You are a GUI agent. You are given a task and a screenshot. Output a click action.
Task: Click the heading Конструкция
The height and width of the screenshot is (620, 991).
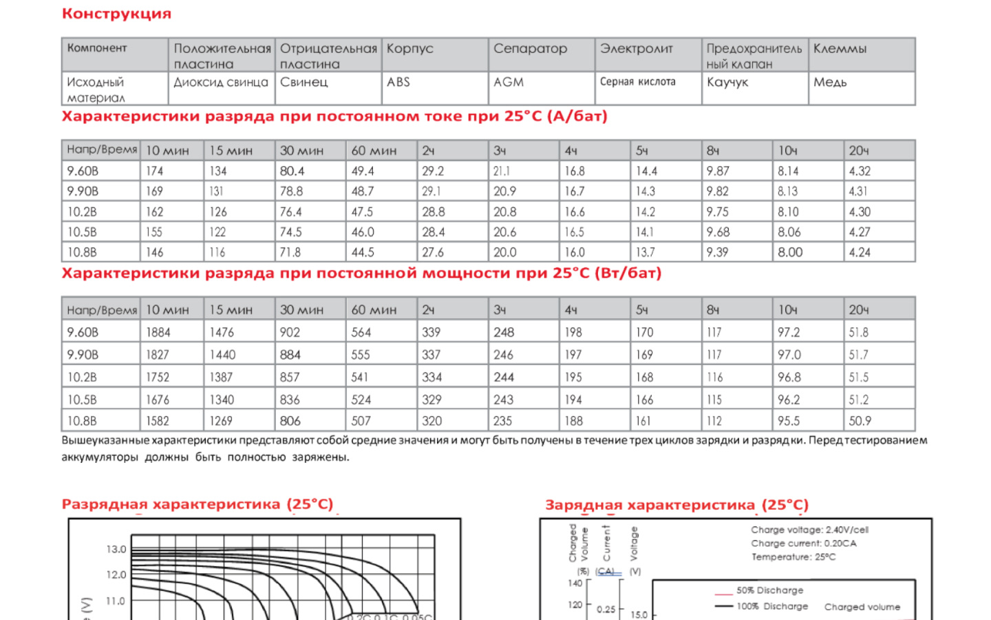coord(116,14)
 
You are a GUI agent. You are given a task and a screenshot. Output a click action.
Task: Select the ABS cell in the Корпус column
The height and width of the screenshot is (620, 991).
coord(398,82)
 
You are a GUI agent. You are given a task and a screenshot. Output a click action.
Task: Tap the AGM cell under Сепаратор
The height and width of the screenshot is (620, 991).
coord(509,82)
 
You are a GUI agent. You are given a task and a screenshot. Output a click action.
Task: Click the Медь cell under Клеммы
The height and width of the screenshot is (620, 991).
coord(830,82)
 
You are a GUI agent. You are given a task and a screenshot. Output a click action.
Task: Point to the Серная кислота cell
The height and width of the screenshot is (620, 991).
coord(637,82)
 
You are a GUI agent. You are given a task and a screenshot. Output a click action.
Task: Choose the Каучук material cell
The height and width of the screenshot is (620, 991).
coord(727,82)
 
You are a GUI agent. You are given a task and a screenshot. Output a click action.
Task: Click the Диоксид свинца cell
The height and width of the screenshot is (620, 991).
coord(220,82)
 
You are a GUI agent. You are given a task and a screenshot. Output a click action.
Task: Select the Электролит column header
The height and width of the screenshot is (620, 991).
coord(637,48)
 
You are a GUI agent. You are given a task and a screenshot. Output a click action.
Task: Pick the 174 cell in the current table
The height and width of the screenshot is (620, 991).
coord(154,171)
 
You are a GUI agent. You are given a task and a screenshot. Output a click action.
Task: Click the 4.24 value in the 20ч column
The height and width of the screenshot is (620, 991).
coord(860,252)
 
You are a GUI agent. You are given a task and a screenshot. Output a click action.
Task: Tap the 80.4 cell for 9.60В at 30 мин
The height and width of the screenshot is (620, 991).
coord(292,171)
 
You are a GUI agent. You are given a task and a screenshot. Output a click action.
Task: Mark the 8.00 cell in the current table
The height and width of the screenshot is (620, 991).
coord(790,252)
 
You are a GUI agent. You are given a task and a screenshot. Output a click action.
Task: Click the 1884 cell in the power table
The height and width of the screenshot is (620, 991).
coord(158,332)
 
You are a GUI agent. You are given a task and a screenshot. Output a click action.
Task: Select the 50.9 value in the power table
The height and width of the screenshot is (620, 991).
coord(860,421)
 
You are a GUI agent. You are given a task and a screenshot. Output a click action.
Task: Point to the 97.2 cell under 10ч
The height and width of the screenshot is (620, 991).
coord(789,332)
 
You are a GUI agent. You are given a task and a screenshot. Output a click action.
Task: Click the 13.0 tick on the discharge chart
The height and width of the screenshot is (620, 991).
coord(116,549)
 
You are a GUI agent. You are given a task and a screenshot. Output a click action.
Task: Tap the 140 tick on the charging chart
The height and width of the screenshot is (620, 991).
coord(575,583)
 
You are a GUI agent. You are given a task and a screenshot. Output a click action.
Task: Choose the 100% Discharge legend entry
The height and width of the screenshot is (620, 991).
coord(771,606)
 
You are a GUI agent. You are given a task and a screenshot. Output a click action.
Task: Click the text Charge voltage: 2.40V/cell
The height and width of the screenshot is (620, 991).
coord(809,530)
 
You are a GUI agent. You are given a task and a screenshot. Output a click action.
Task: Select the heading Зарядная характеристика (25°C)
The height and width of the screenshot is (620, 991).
coord(676,505)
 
